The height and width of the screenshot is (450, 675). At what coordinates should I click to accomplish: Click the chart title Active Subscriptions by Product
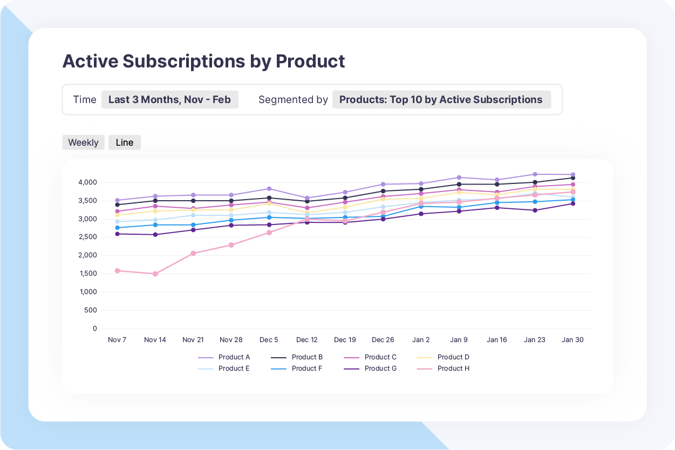[203, 61]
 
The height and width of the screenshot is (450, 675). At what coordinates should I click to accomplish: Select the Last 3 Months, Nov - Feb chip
[169, 99]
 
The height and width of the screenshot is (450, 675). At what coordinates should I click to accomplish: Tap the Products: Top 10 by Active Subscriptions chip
[441, 99]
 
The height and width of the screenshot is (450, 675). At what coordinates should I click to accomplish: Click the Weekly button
[83, 142]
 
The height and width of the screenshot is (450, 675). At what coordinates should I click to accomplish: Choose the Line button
[125, 142]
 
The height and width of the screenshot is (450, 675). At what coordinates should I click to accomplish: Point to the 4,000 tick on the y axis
[87, 182]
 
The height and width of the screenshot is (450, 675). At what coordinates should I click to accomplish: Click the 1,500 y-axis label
[87, 274]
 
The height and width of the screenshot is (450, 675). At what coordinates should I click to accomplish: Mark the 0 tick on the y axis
[95, 329]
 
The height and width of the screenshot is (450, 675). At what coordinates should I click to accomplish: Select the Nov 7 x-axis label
[117, 340]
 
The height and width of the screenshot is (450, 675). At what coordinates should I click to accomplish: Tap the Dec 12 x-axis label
[306, 340]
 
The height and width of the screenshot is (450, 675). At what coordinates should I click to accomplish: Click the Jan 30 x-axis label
[572, 340]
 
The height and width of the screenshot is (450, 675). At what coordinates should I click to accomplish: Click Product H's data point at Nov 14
[155, 274]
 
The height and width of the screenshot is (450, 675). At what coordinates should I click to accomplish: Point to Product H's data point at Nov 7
[117, 271]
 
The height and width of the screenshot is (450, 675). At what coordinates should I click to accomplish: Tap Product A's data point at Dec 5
[269, 189]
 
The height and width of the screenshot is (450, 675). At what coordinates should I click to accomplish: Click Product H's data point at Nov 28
[231, 245]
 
